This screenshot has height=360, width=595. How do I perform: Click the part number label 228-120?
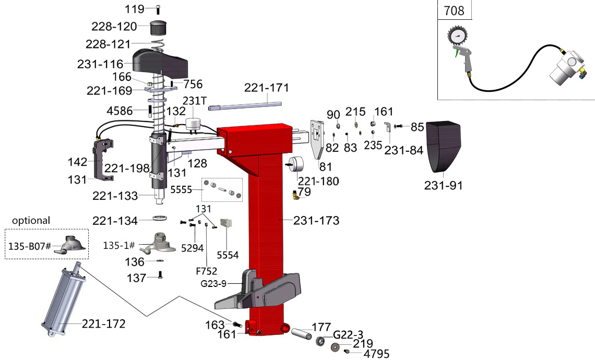click(x=114, y=27)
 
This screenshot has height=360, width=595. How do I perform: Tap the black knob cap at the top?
click(x=158, y=27)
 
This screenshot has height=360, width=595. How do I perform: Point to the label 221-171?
click(x=266, y=88)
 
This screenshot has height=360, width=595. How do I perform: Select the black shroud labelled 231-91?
click(x=444, y=146)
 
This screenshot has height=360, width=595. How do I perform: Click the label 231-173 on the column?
click(x=317, y=221)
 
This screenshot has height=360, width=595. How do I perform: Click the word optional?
click(x=31, y=220)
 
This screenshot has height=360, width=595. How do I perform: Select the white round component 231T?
click(x=193, y=123)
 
